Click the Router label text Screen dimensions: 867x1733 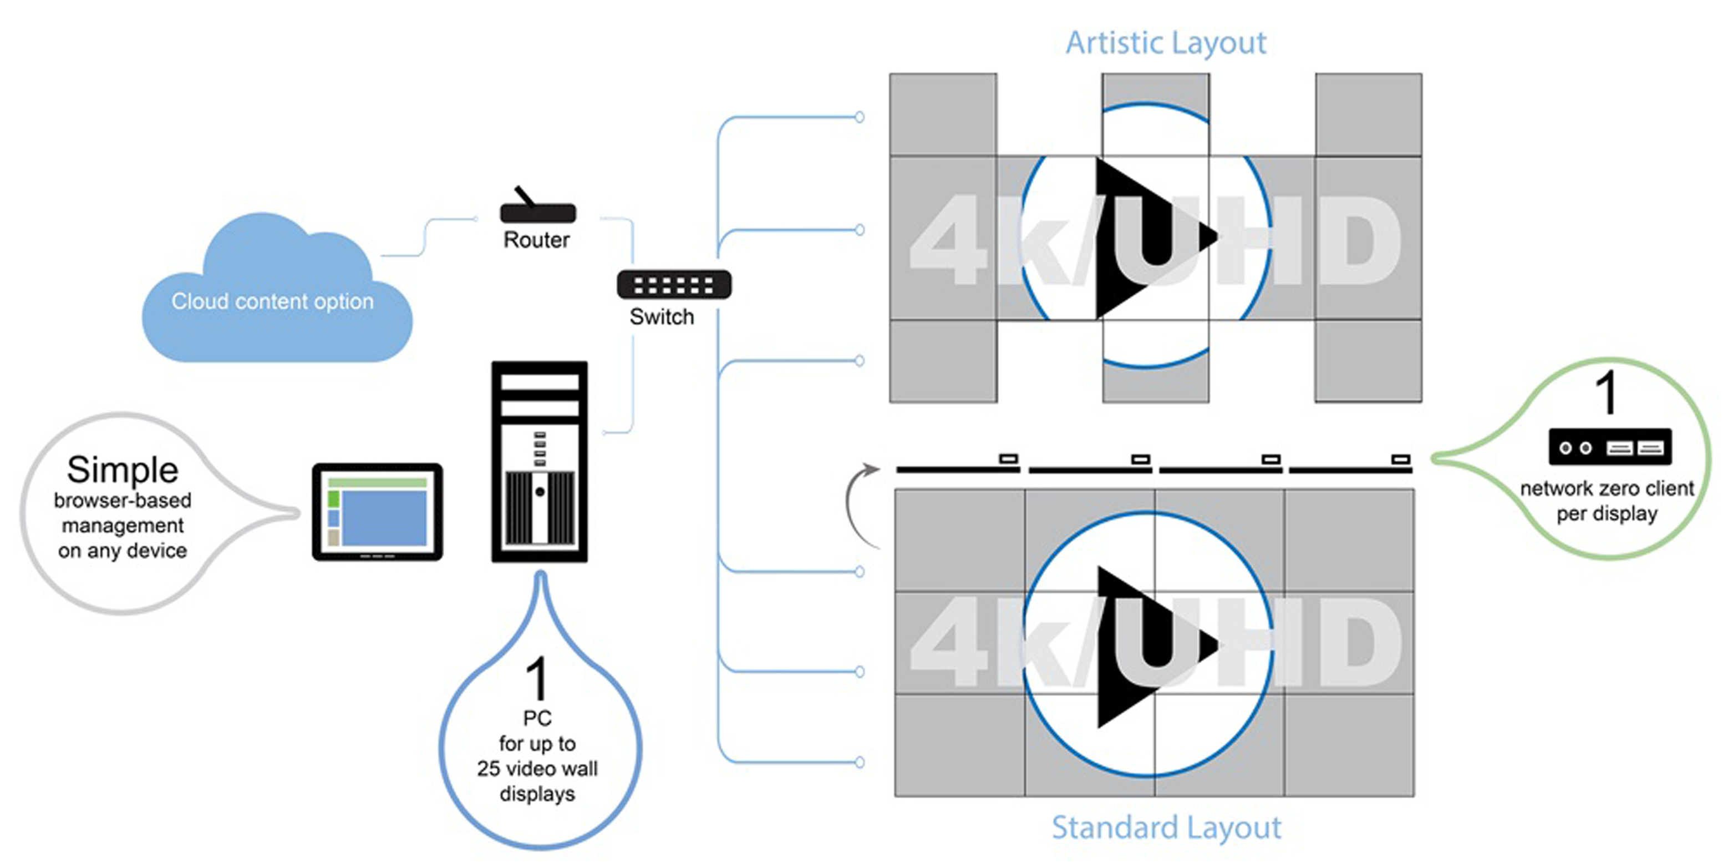point(536,240)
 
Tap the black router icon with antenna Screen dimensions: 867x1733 point(537,211)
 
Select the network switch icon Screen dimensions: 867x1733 point(673,284)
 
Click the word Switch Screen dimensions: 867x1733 point(661,316)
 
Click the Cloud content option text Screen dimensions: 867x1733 point(272,301)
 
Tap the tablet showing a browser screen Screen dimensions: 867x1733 point(378,512)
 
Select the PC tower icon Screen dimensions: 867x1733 point(540,462)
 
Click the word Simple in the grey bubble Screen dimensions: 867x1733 point(123,469)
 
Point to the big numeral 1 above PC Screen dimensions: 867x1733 point(537,678)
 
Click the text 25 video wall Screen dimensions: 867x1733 point(537,768)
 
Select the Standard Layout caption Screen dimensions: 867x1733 point(1166,827)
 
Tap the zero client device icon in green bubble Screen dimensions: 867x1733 point(1609,447)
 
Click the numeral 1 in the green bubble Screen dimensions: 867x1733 point(1607,392)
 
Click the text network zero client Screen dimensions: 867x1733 point(1607,488)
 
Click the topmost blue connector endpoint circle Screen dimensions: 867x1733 point(859,117)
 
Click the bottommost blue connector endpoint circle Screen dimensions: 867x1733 point(859,762)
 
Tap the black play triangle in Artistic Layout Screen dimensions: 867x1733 point(1137,237)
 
